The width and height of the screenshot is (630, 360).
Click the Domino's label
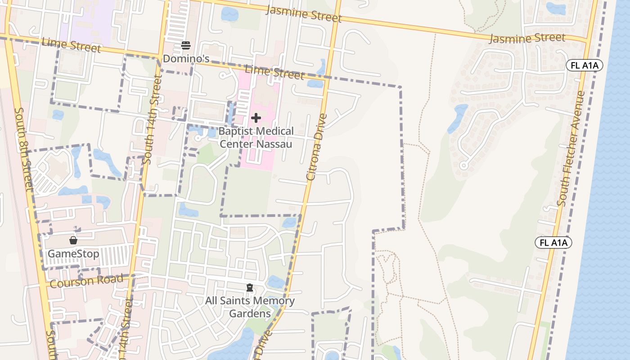click(186, 58)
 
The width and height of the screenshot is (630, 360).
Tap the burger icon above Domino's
click(186, 45)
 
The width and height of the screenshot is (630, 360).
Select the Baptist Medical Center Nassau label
click(256, 137)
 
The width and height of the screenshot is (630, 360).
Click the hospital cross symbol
click(256, 118)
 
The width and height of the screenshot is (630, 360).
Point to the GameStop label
click(73, 254)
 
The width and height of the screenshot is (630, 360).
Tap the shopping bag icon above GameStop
click(73, 240)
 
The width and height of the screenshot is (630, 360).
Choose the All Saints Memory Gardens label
click(250, 307)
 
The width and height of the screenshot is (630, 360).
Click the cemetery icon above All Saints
click(250, 288)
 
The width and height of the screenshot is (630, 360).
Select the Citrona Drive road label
click(317, 147)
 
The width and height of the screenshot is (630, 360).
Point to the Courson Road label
click(86, 281)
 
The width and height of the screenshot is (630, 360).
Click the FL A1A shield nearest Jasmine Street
click(584, 66)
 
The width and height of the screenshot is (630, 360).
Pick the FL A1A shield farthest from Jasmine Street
click(553, 243)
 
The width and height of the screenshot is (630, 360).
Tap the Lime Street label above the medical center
click(274, 72)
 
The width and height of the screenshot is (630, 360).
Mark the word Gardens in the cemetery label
click(250, 313)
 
